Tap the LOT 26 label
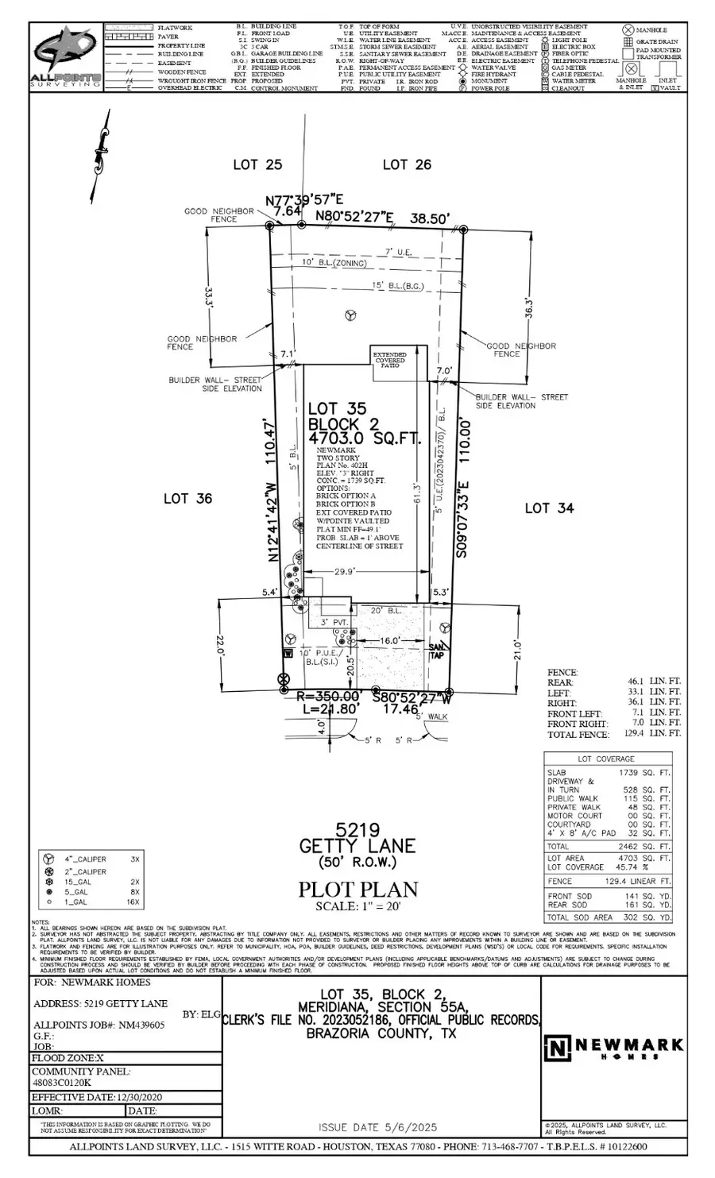(x=407, y=164)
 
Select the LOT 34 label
(x=549, y=508)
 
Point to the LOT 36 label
(x=187, y=498)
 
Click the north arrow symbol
(x=99, y=155)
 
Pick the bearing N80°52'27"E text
(x=354, y=215)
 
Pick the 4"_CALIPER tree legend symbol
(x=48, y=859)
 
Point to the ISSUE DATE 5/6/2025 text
(x=377, y=1127)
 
